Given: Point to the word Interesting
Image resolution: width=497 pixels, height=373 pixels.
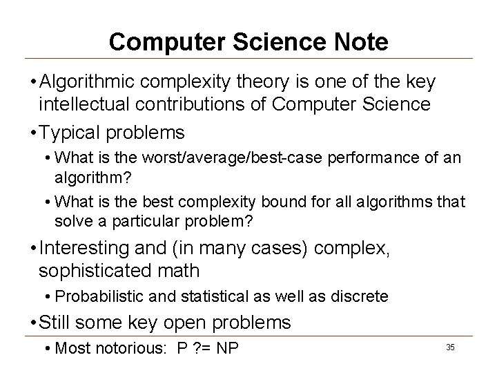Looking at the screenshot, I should tap(88, 247).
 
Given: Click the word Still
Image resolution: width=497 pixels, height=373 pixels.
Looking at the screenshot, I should tap(57, 323).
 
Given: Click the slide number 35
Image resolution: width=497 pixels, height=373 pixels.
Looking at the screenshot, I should tap(450, 346).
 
